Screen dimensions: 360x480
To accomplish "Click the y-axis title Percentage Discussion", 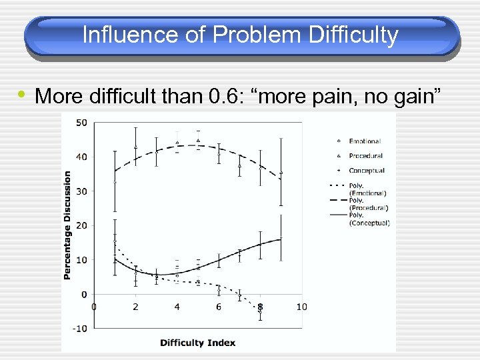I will pyautogui.click(x=67, y=225).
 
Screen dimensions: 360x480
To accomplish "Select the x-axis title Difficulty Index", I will pyautogui.click(x=197, y=343).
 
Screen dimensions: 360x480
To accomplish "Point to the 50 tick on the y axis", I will pyautogui.click(x=81, y=123).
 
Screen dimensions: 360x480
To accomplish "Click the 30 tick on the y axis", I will pyautogui.click(x=81, y=191).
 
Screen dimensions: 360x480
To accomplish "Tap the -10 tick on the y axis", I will pyautogui.click(x=79, y=329).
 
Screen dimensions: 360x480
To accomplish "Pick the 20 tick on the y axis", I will pyautogui.click(x=81, y=226).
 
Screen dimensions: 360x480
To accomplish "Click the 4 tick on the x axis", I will pyautogui.click(x=177, y=307).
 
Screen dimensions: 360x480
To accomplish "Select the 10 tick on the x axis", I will pyautogui.click(x=301, y=307).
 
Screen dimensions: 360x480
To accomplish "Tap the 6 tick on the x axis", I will pyautogui.click(x=219, y=307).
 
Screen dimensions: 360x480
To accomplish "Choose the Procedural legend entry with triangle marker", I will pyautogui.click(x=365, y=156).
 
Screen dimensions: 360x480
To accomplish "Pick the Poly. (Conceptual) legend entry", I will pyautogui.click(x=369, y=219).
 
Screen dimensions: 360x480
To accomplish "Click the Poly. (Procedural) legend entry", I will pyautogui.click(x=369, y=204).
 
